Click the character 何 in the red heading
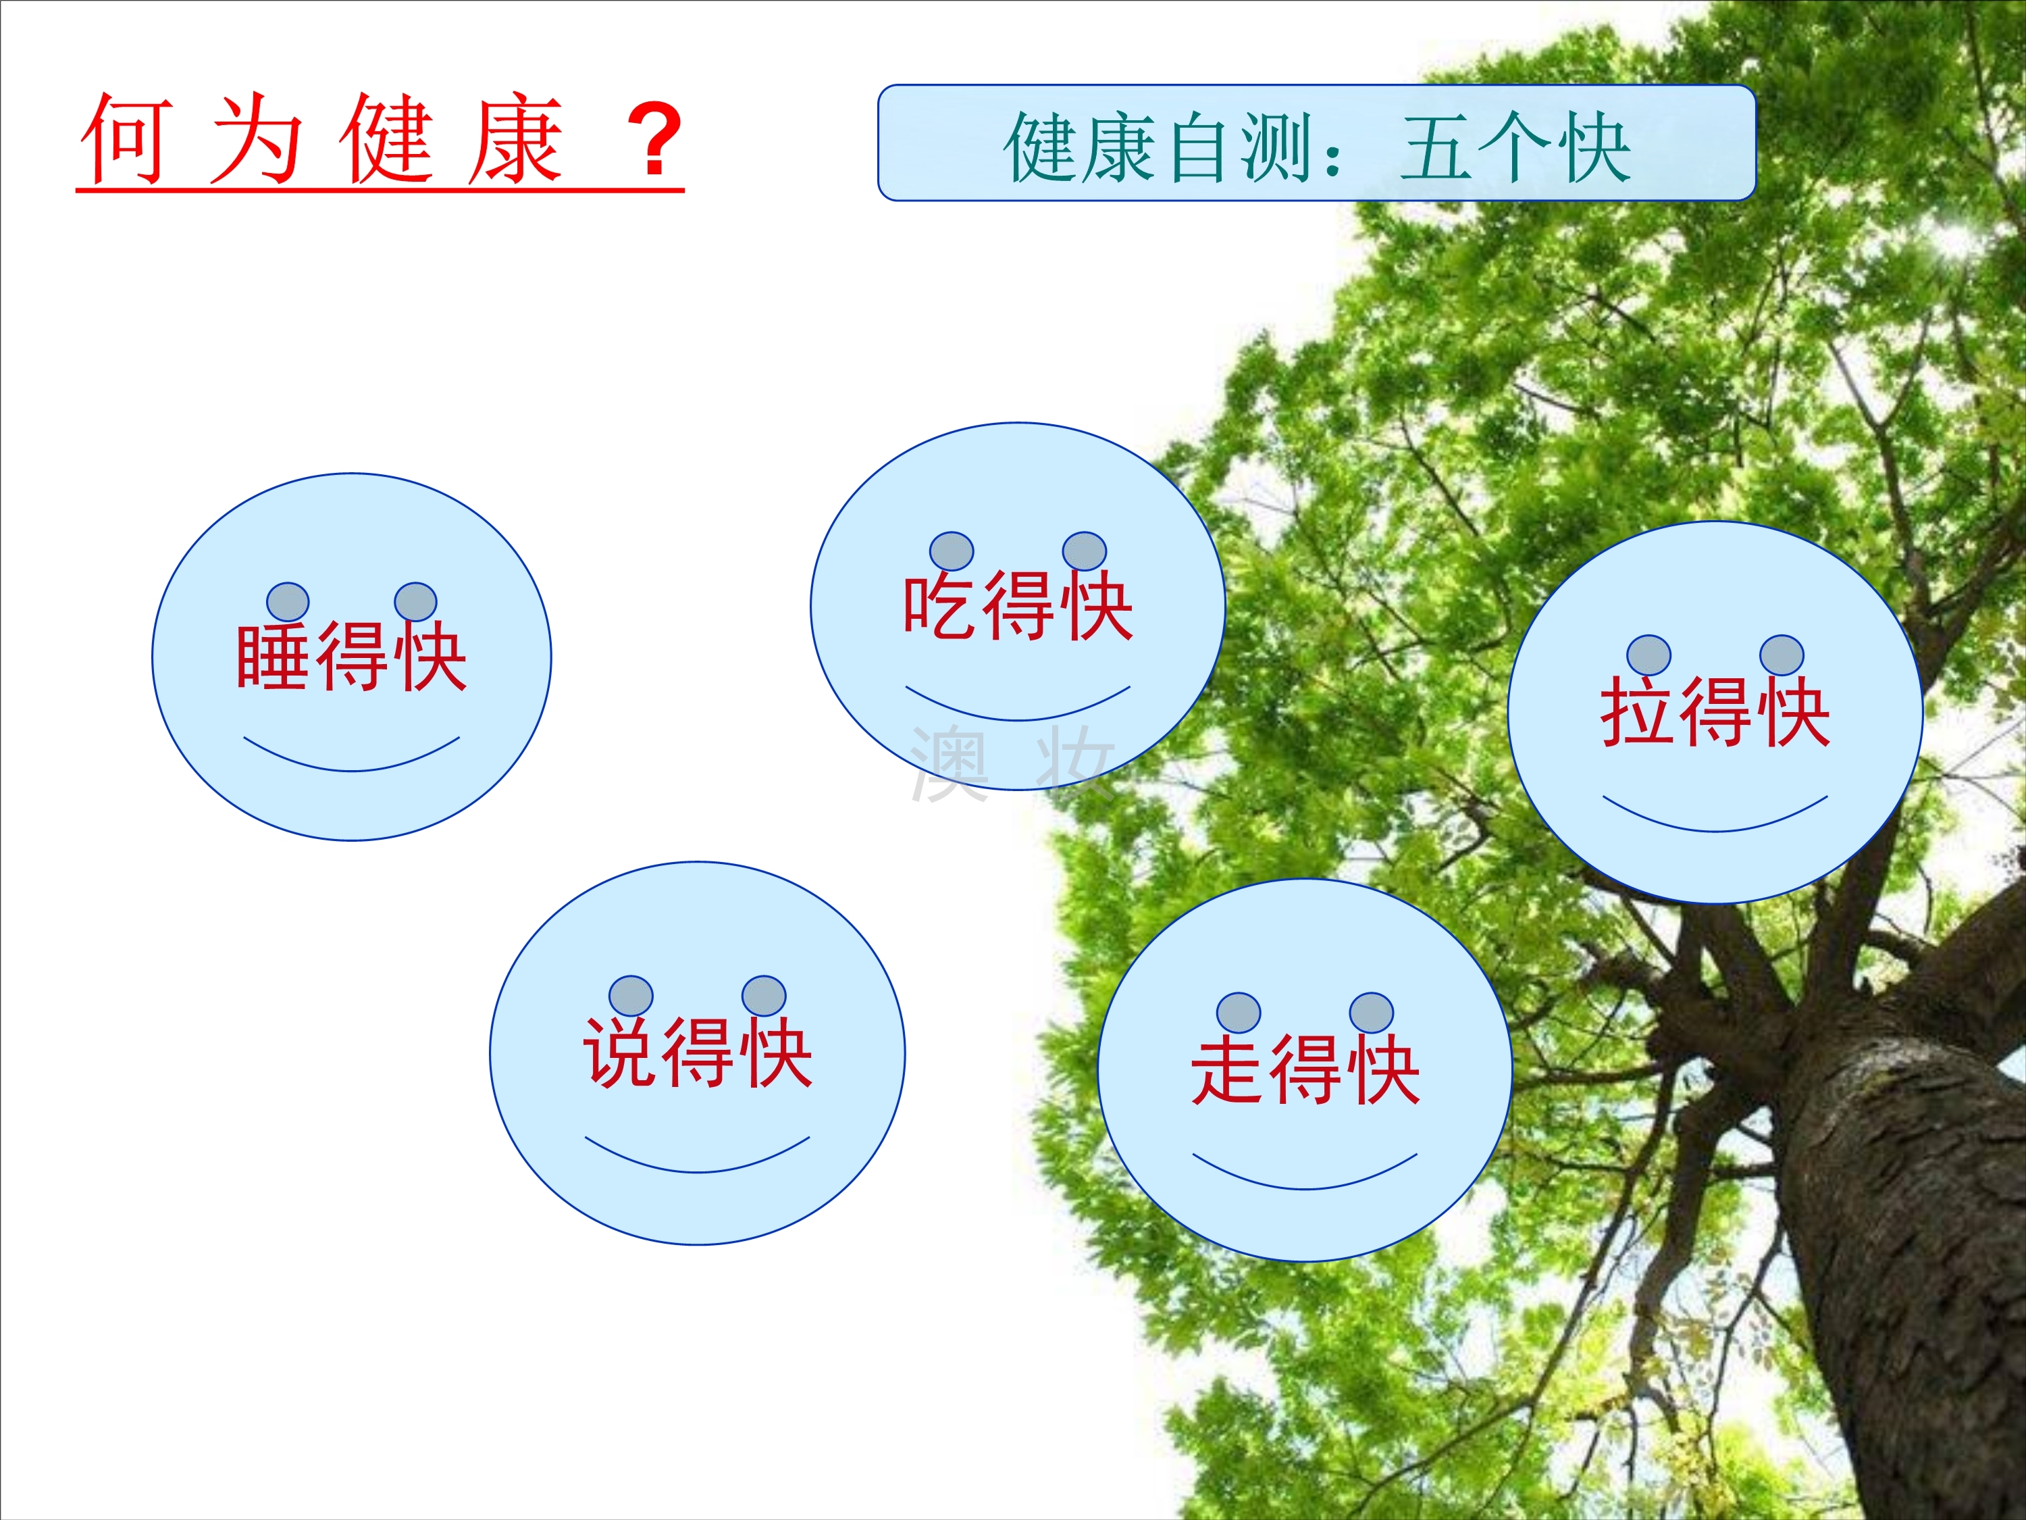126,138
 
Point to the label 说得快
697,1052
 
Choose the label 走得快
1305,1069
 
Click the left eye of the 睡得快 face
288,602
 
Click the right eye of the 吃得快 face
1085,551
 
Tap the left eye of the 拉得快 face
1648,655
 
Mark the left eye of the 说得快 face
631,996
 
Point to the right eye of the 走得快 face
1371,1013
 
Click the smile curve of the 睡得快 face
352,771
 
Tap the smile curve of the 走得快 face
1305,1188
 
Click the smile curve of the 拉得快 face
1715,830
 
